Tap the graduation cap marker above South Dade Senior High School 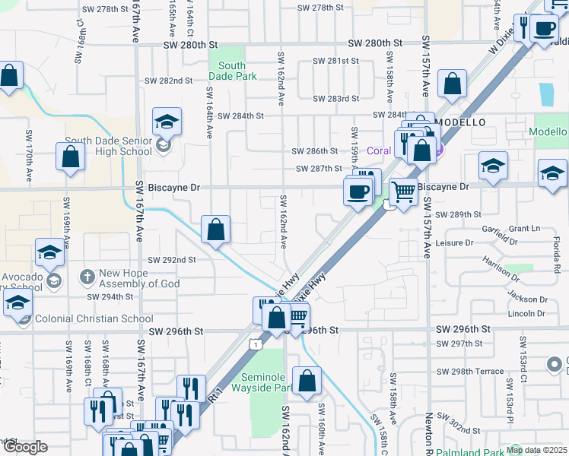click(167, 122)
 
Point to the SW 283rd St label click(335, 98)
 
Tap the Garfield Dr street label click(498, 242)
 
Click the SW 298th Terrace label click(470, 372)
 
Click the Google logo click(24, 447)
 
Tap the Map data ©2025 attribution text click(537, 450)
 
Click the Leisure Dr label click(456, 243)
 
